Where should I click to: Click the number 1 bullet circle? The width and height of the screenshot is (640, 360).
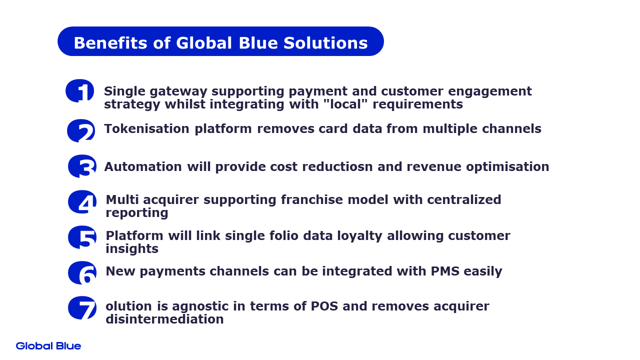(x=79, y=90)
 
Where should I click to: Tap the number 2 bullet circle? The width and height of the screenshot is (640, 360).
(x=81, y=130)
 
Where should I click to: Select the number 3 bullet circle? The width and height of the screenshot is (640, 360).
(x=82, y=166)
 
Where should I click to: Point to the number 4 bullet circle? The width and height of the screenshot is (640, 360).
(x=82, y=201)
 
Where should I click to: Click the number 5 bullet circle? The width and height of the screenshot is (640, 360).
(x=82, y=237)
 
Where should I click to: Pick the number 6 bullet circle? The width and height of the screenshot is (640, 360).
(x=82, y=272)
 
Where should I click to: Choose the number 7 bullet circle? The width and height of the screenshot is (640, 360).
(x=82, y=307)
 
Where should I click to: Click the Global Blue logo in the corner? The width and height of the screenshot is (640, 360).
(x=48, y=346)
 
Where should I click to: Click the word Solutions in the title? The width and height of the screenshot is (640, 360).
(x=325, y=43)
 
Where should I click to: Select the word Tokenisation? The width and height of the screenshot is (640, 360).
(x=146, y=128)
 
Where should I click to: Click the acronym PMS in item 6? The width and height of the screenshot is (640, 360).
(x=445, y=271)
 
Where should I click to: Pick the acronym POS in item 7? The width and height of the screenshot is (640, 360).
(x=324, y=306)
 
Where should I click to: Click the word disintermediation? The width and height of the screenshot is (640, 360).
(x=164, y=319)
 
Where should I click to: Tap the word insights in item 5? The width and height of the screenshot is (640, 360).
(x=132, y=248)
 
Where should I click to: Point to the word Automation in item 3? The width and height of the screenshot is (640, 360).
(x=143, y=166)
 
